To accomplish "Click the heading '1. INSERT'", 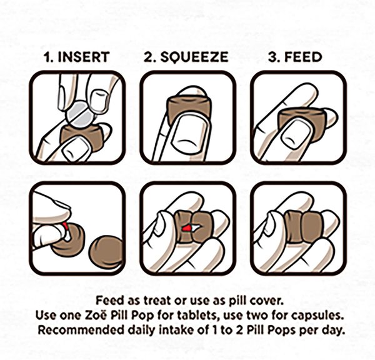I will [x=77, y=57].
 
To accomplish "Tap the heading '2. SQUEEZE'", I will [x=187, y=57].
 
